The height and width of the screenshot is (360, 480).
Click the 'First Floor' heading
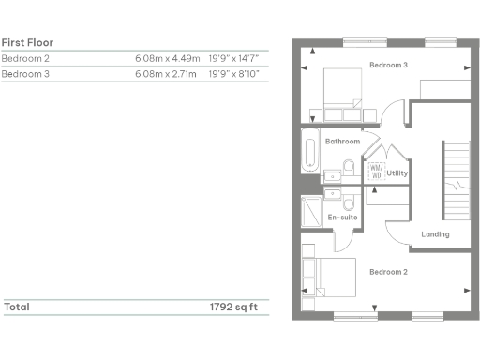point(27,42)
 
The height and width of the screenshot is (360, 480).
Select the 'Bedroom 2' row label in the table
point(25,58)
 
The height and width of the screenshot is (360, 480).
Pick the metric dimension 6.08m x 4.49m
point(167,58)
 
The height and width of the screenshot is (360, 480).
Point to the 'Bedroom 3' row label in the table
point(25,73)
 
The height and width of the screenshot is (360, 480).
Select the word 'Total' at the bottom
point(17,307)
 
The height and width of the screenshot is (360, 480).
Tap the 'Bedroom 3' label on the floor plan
point(387,65)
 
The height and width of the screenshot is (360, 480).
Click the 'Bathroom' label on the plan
point(342,142)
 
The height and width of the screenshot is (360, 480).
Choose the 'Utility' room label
point(396,173)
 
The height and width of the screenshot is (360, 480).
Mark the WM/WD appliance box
point(375,172)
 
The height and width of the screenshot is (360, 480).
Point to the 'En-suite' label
point(342,217)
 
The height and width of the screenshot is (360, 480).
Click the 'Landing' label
point(436,234)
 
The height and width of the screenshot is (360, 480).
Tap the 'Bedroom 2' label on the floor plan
point(387,272)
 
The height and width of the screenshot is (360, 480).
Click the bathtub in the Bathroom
point(310,153)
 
